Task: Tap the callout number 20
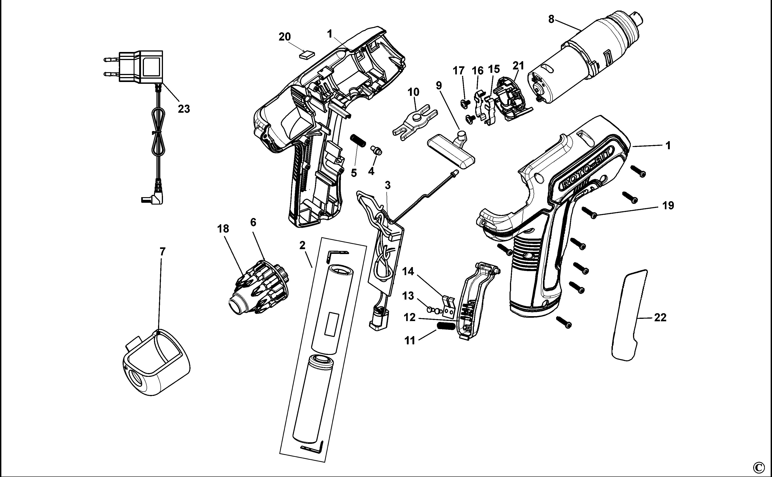click(284, 37)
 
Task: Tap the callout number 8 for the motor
click(551, 19)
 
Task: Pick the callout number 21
click(518, 66)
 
